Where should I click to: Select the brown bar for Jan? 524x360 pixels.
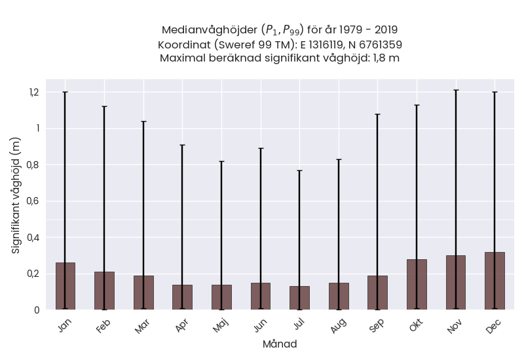point(65,286)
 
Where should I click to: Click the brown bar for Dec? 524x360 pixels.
point(495,281)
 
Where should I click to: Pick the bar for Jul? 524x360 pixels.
point(300,298)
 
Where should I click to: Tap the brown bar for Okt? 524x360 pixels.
point(417,285)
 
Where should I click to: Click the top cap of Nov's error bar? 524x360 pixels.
point(456,90)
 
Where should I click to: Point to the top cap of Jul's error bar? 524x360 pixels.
point(300,171)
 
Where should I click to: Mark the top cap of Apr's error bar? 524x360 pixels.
point(183,145)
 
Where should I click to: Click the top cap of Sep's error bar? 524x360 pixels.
point(378,114)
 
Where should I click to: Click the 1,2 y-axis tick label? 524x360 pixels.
point(35,92)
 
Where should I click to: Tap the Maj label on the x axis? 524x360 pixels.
point(221,325)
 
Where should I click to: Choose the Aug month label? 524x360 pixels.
point(338,325)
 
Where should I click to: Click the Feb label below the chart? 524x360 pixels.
point(103,325)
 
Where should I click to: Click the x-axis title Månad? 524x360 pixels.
point(280,344)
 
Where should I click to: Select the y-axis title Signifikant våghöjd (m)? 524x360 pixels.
point(16,195)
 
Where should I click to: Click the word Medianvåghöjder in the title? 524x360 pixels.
point(210,29)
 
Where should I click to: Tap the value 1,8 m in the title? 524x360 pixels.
point(386,58)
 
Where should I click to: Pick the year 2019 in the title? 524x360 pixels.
point(386,29)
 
